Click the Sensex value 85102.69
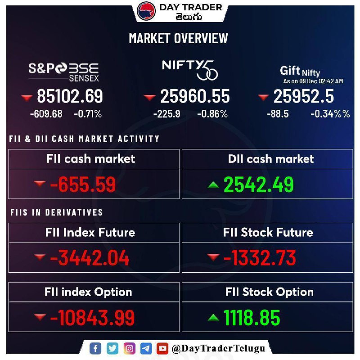pyautogui.click(x=70, y=96)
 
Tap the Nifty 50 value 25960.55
pyautogui.click(x=195, y=96)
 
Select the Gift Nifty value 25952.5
pyautogui.click(x=303, y=96)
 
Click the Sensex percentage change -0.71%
pyautogui.click(x=88, y=114)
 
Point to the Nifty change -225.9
pyautogui.click(x=166, y=114)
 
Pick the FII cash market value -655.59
pyautogui.click(x=83, y=184)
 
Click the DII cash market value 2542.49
pyautogui.click(x=259, y=184)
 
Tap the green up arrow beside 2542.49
pyautogui.click(x=214, y=184)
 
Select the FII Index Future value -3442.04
pyautogui.click(x=90, y=258)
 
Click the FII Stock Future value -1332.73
pyautogui.click(x=260, y=258)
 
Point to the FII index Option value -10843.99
pyautogui.click(x=92, y=318)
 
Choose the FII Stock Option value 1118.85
pyautogui.click(x=252, y=318)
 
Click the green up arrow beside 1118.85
pyautogui.click(x=214, y=318)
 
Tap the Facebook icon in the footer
pyautogui.click(x=95, y=348)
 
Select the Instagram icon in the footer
pyautogui.click(x=129, y=348)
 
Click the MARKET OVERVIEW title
pyautogui.click(x=179, y=38)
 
